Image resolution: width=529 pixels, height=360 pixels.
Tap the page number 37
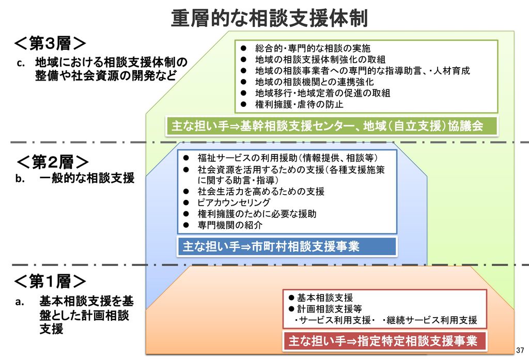(x=520, y=350)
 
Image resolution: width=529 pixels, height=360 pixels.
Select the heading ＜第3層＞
(x=50, y=43)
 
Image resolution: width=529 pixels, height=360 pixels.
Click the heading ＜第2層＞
(x=52, y=162)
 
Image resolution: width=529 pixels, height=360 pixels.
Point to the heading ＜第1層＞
(x=50, y=280)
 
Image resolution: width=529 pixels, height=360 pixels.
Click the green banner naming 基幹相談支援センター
(x=332, y=126)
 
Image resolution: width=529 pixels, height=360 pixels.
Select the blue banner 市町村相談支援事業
(x=287, y=247)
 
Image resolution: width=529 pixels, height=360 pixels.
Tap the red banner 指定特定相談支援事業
(x=384, y=341)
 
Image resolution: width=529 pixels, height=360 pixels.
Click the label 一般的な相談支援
(x=87, y=178)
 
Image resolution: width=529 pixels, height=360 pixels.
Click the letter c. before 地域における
(x=21, y=63)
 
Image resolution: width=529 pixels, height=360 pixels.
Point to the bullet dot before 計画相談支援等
(x=291, y=309)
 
